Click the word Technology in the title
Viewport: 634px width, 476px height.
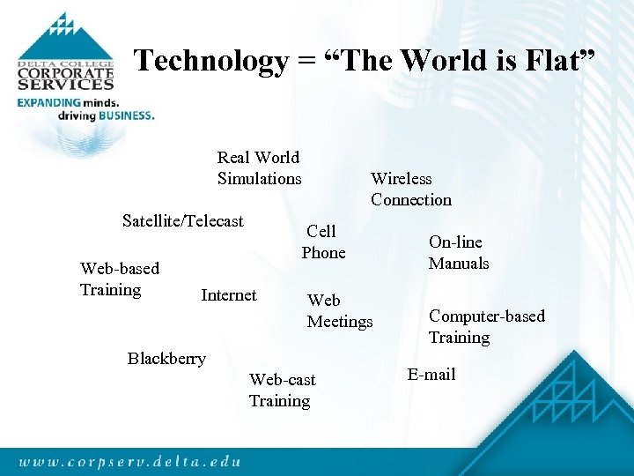210,61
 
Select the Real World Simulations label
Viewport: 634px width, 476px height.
259,168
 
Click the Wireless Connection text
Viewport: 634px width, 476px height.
410,190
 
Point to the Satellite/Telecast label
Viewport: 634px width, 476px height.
182,221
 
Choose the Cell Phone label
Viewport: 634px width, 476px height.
323,242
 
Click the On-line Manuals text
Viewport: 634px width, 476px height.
458,252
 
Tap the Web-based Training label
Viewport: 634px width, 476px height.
119,279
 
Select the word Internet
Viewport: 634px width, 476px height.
228,295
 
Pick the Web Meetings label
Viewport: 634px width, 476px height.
339,311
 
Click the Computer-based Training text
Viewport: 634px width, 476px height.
486,326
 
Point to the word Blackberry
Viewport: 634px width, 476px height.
166,359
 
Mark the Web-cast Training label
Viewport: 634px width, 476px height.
281,390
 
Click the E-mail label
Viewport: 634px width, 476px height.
431,375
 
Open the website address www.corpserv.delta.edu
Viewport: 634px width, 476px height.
129,460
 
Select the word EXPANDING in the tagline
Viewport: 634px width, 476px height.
55,102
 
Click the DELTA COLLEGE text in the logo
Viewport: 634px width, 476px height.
65,64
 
